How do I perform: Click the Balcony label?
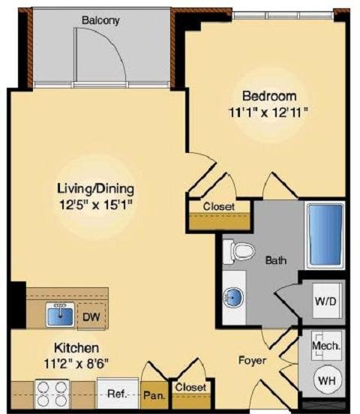point(100,20)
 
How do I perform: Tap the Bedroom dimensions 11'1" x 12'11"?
point(268,112)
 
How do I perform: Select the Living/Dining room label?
point(95,189)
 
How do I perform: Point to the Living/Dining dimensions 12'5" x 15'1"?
point(95,205)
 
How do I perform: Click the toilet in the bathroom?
point(238,251)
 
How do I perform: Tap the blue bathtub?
point(325,235)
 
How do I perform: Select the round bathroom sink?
point(232,298)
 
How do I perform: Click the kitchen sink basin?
point(60,315)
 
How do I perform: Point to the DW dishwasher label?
point(91,316)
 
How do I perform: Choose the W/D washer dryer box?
point(326,301)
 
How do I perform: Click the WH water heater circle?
point(327,380)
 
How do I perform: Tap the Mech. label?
point(326,346)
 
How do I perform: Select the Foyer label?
point(252,361)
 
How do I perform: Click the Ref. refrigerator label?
point(118,394)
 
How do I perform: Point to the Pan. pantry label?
point(154,396)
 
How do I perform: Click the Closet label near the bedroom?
point(219,206)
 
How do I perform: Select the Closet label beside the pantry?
point(190,387)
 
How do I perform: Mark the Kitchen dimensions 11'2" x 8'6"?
point(76,364)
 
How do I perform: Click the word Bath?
point(276,260)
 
